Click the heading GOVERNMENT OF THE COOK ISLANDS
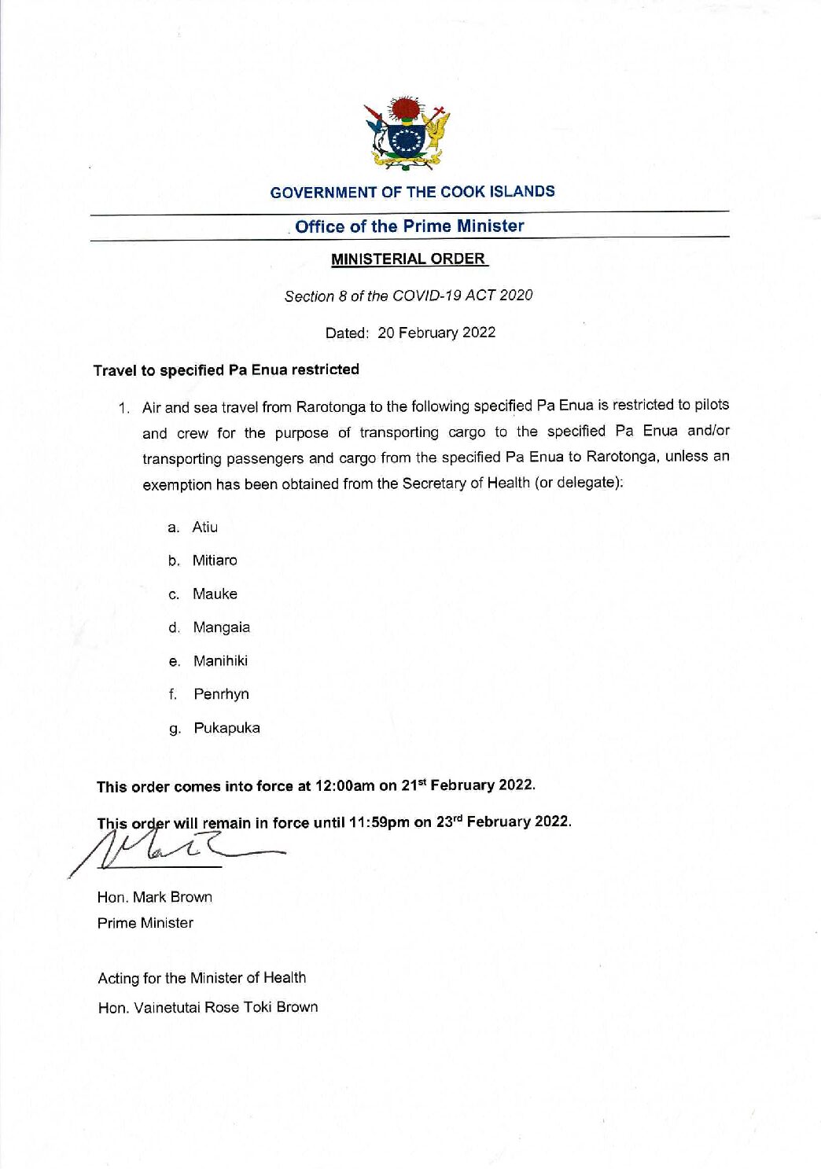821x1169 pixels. coord(412,192)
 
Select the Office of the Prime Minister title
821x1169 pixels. coord(409,226)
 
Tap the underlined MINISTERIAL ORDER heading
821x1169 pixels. coord(408,259)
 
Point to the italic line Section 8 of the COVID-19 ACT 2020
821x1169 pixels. coord(408,296)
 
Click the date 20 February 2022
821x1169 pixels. coord(436,333)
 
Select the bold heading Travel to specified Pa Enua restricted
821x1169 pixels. coord(226,369)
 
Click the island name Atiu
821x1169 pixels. coord(204,528)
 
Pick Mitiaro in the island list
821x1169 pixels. coord(215,561)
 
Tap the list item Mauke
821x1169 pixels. coord(215,594)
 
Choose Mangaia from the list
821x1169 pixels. coord(221,627)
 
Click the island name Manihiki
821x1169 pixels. coord(220,661)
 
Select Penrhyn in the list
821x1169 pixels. coord(221,694)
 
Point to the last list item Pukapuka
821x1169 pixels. coord(226,728)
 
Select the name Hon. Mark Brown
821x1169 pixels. coord(154,897)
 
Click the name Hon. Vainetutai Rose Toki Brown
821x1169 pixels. coord(208,1007)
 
